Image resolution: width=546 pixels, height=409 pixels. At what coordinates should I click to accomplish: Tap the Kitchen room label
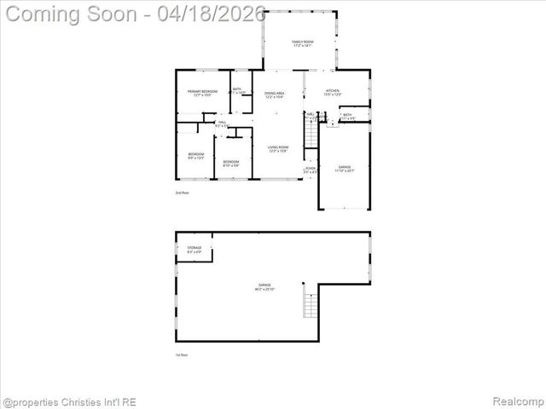tap(334, 93)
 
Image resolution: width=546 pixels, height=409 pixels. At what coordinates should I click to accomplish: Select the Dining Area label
tap(274, 95)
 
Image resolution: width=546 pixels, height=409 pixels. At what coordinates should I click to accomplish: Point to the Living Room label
tap(278, 149)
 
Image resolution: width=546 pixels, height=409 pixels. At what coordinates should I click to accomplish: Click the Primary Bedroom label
tap(197, 93)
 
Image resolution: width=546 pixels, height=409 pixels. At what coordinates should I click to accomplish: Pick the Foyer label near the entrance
tap(311, 170)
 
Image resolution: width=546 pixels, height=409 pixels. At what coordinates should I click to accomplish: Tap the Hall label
tap(221, 124)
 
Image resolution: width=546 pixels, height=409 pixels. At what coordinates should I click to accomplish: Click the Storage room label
tap(195, 250)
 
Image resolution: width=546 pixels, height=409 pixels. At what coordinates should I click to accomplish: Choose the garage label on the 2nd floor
tap(344, 169)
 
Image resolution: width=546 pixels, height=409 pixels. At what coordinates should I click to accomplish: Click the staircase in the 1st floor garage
tap(311, 302)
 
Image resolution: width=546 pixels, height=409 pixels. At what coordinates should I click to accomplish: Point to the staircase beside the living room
tap(311, 135)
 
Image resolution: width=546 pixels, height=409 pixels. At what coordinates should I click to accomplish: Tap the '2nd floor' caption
tap(182, 193)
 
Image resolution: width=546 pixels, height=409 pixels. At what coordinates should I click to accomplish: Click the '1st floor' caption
tap(182, 354)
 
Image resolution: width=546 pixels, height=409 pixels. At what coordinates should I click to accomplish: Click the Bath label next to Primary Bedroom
tap(236, 91)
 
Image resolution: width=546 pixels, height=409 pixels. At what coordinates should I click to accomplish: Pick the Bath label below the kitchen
tap(348, 117)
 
